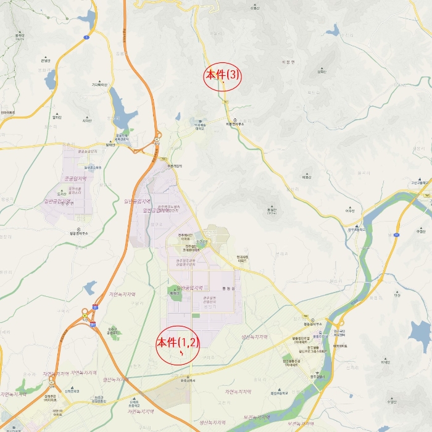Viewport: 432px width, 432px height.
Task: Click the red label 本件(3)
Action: [223, 75]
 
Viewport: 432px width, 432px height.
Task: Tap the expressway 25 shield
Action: [95, 306]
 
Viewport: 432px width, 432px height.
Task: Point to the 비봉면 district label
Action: [288, 62]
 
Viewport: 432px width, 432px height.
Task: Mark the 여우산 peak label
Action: [350, 210]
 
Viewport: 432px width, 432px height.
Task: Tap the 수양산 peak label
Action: [390, 402]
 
